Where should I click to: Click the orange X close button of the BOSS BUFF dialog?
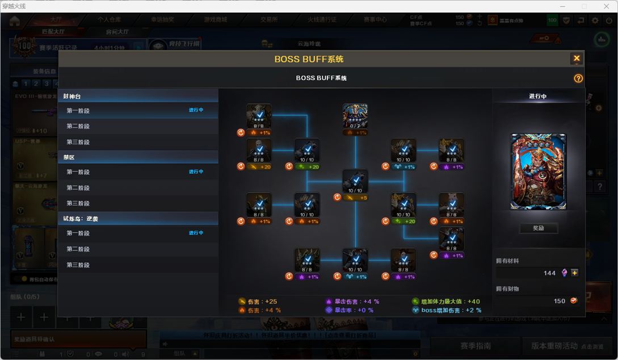pos(577,58)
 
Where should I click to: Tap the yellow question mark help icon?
pos(578,78)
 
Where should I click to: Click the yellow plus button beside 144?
pos(575,273)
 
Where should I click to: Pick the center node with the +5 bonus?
pos(355,182)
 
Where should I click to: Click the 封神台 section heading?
pos(73,97)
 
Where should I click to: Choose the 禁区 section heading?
pos(69,157)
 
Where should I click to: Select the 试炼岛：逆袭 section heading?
pos(81,219)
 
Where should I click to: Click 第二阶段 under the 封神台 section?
pos(78,127)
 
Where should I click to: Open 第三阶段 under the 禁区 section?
pos(78,203)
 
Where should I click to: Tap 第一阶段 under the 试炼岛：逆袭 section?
pos(78,233)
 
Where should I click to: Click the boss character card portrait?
pos(538,171)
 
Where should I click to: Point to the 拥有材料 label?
pos(507,261)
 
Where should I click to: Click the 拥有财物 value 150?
pos(560,301)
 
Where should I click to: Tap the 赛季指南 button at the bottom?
pos(476,346)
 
